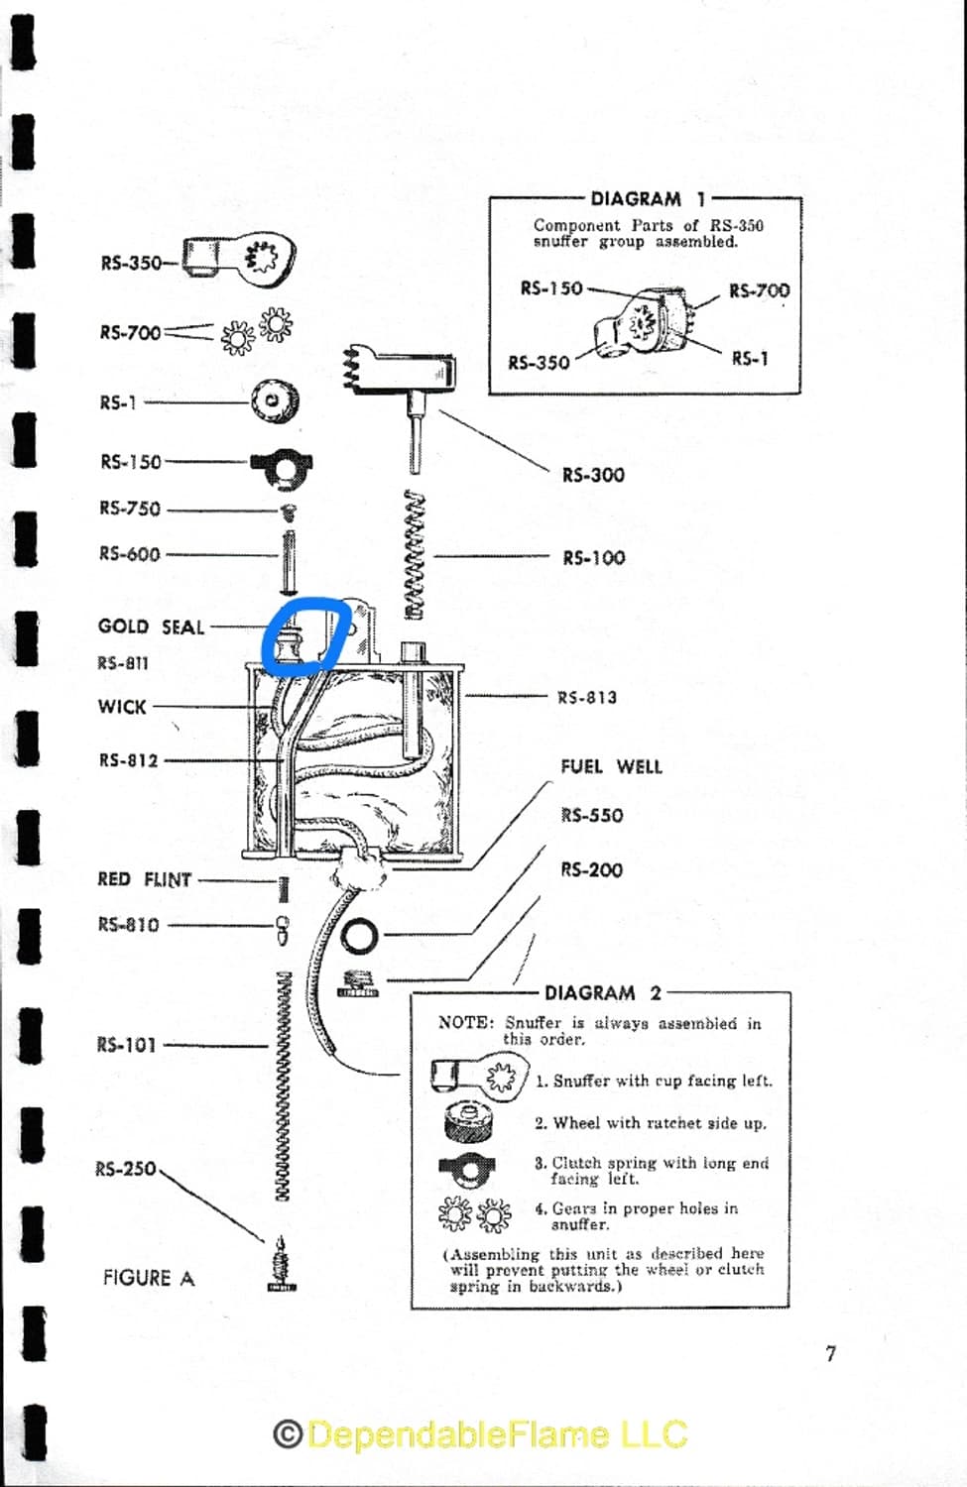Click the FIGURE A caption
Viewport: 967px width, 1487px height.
point(149,1278)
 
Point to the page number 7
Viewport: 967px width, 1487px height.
point(830,1353)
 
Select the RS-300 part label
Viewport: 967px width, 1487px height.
point(593,475)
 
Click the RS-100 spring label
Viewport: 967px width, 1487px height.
point(594,557)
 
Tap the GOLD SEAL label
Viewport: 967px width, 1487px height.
point(151,627)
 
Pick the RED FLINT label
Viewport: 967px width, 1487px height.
point(145,879)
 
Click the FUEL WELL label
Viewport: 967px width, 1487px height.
point(611,766)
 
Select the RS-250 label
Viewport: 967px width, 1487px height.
point(126,1168)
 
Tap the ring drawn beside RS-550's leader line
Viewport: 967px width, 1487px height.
point(358,935)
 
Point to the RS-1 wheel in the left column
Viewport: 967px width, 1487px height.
point(274,400)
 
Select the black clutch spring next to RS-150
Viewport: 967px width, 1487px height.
point(282,467)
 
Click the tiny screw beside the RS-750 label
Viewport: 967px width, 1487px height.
point(288,512)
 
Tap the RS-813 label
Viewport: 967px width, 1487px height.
point(587,697)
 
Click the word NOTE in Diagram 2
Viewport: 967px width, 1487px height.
point(464,1022)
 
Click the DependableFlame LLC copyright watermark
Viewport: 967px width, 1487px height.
point(481,1434)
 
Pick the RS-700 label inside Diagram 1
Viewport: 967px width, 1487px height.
point(759,290)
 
